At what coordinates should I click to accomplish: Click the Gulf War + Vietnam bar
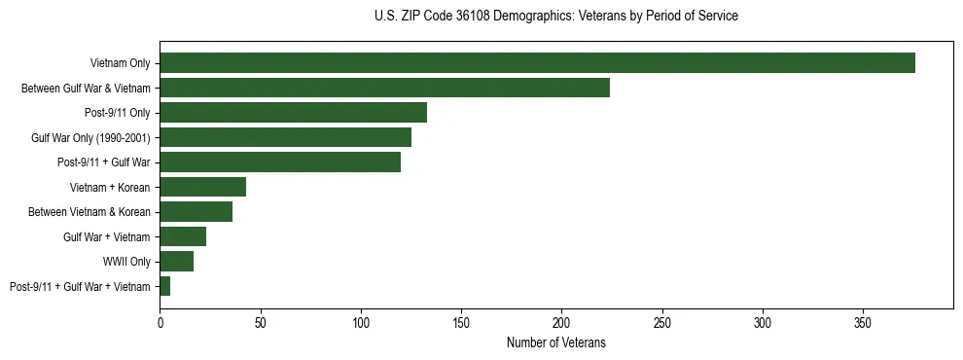click(183, 236)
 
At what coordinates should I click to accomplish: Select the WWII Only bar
click(176, 261)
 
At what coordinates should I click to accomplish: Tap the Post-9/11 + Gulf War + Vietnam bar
click(165, 286)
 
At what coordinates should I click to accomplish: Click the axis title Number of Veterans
click(556, 342)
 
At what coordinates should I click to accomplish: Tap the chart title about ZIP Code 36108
click(555, 17)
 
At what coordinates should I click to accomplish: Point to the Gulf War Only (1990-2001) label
click(90, 138)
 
